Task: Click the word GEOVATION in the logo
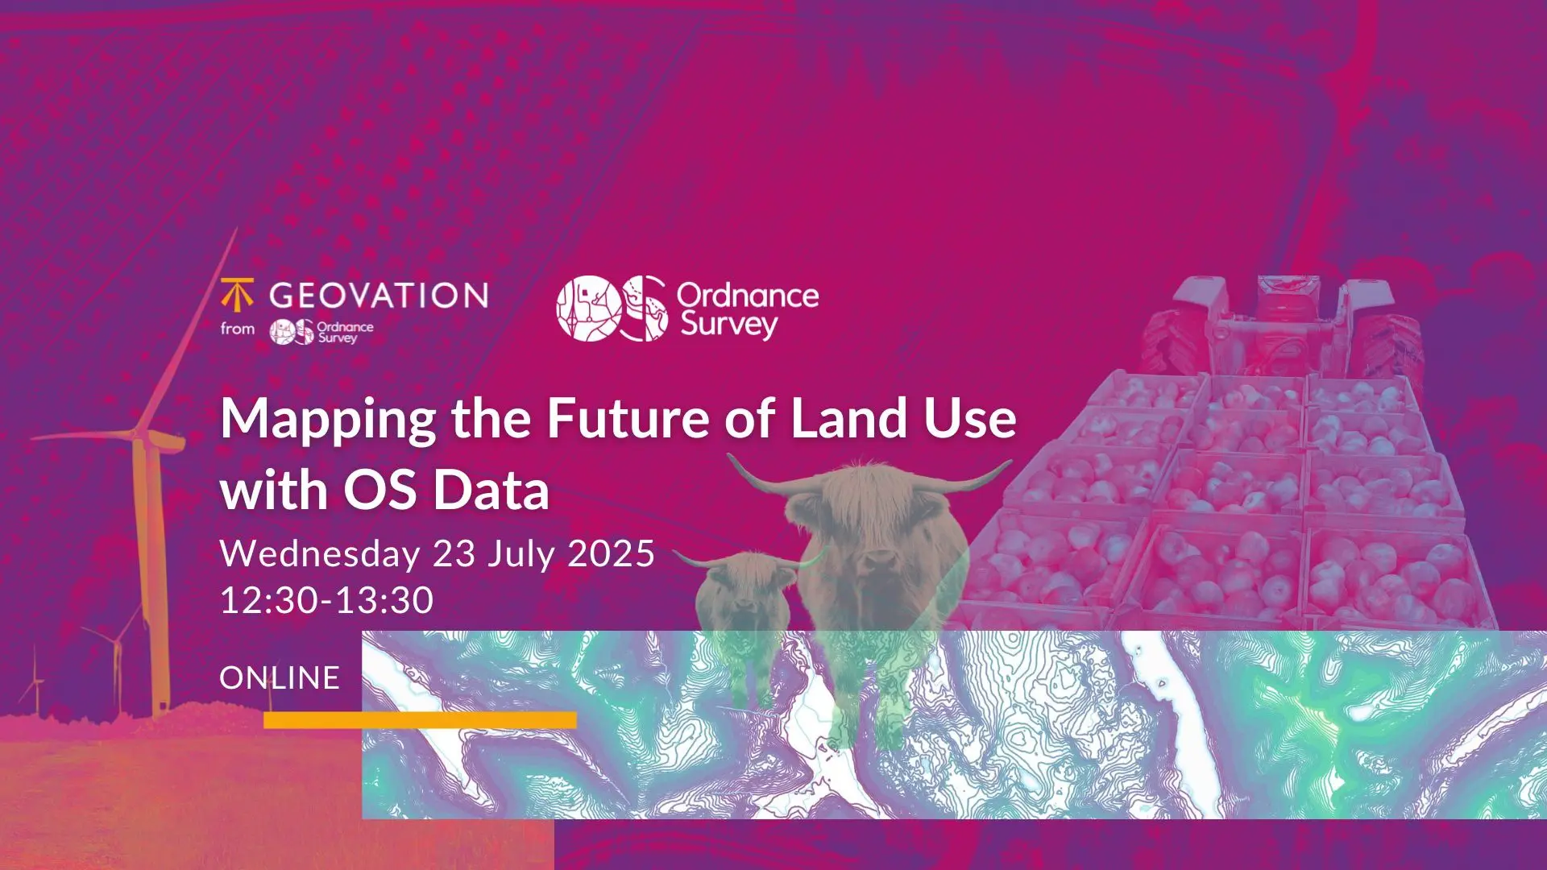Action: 379,296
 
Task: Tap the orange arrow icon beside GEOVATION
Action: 237,295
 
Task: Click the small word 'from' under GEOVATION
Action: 238,329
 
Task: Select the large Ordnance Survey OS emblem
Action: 612,309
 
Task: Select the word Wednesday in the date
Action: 320,554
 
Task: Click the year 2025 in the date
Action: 612,554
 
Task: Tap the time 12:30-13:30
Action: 327,600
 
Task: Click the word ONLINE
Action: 280,678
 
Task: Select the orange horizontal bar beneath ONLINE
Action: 420,720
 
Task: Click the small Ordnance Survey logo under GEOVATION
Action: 321,331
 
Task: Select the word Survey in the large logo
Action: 729,325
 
